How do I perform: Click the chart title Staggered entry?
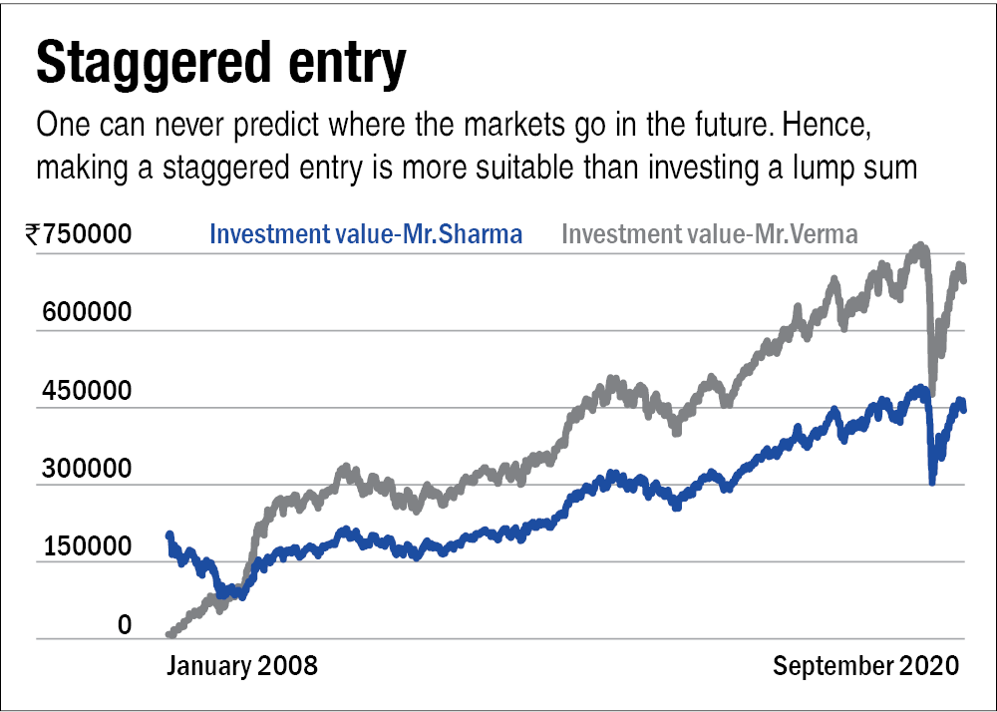tap(220, 65)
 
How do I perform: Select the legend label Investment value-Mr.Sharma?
tap(366, 234)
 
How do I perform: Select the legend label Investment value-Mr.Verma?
tap(710, 234)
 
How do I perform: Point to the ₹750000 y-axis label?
tap(80, 234)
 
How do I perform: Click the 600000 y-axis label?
tap(87, 312)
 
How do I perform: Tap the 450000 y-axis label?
tap(87, 390)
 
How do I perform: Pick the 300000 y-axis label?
tap(87, 468)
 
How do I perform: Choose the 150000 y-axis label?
tap(87, 546)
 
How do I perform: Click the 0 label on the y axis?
tap(125, 625)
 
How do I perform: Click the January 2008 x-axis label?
tap(241, 666)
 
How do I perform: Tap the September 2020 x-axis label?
tap(865, 666)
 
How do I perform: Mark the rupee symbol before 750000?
tap(35, 234)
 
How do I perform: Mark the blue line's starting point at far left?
tap(169, 535)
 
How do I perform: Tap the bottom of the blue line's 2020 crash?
tap(932, 482)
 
